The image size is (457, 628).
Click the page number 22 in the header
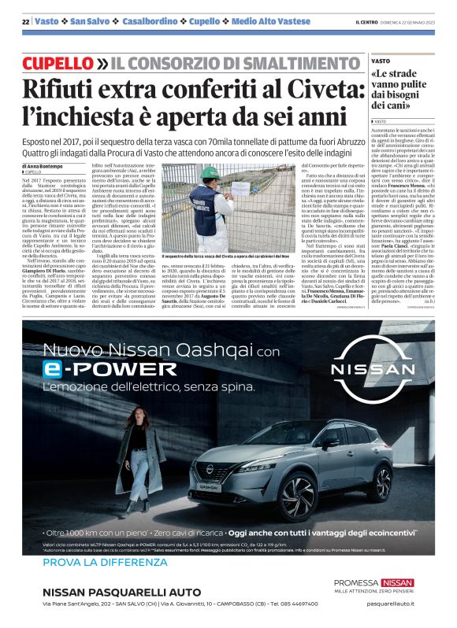25,21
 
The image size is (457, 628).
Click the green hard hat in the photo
210,172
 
